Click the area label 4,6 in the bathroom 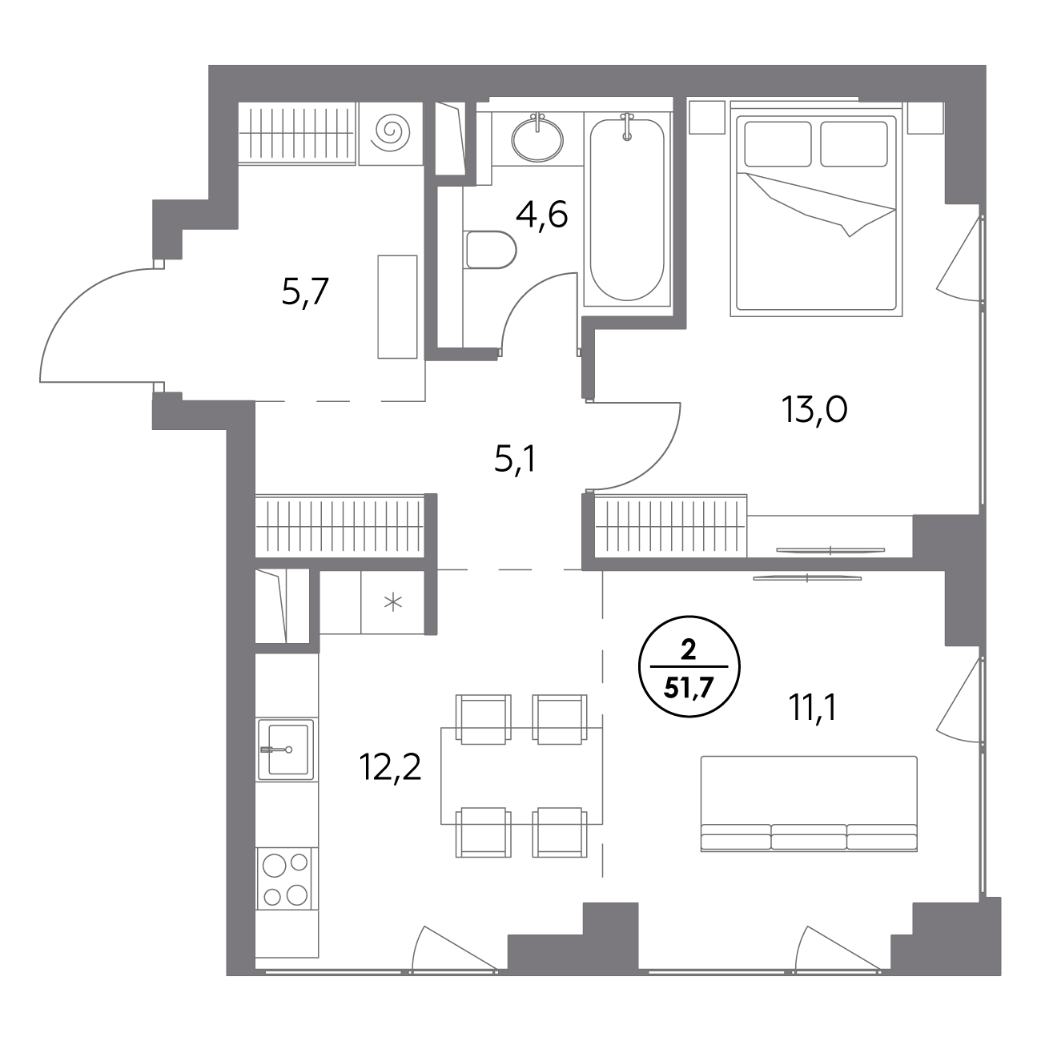tap(541, 216)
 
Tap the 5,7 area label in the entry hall tap(305, 293)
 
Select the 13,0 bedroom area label tap(814, 410)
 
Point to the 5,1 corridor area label tap(514, 460)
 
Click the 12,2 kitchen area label tap(390, 768)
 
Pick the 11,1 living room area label tap(813, 709)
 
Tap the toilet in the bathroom tap(490, 250)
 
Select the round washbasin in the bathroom tap(537, 139)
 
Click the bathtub tap(627, 210)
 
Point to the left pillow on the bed tap(778, 143)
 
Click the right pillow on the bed tap(854, 143)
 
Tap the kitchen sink tap(286, 750)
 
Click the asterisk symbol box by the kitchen tap(392, 602)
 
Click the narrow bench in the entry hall tap(397, 307)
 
